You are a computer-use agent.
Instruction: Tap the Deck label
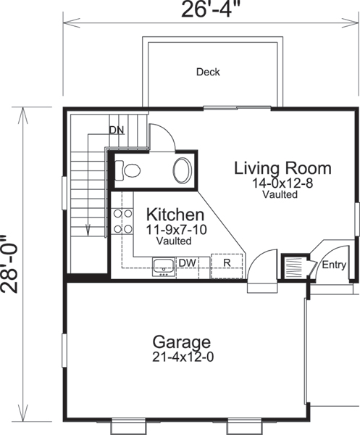(x=208, y=72)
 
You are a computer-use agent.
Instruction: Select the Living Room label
(x=282, y=168)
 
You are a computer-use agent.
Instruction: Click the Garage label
(x=181, y=341)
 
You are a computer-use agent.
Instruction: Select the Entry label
(x=334, y=265)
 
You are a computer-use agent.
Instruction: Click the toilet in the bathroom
(x=130, y=171)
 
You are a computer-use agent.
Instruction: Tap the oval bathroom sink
(x=181, y=171)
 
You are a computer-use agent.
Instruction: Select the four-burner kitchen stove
(x=121, y=221)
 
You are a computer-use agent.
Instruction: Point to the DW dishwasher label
(x=187, y=262)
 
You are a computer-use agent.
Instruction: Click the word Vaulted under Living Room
(x=280, y=194)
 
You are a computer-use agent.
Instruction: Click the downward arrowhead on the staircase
(x=88, y=231)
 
